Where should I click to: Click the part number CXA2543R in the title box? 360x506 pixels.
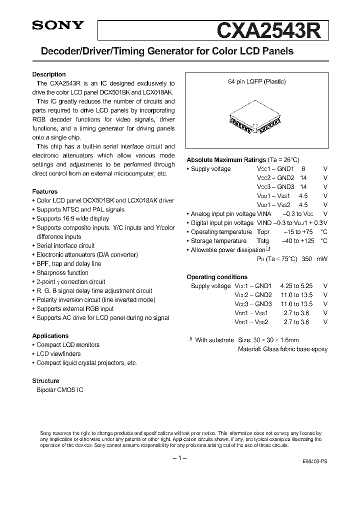click(x=271, y=30)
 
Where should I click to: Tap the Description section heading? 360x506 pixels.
click(x=49, y=74)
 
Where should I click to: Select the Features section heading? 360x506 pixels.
click(x=45, y=191)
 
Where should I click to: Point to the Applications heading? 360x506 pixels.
click(x=50, y=336)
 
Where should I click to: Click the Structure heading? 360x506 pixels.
click(x=45, y=381)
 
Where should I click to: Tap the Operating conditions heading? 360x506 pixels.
click(x=217, y=277)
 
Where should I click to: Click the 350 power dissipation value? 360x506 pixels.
click(x=307, y=259)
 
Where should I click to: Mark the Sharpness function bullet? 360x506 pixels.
click(x=62, y=273)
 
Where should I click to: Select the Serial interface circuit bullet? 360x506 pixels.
click(x=65, y=246)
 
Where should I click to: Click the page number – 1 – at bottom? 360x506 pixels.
click(x=179, y=459)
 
